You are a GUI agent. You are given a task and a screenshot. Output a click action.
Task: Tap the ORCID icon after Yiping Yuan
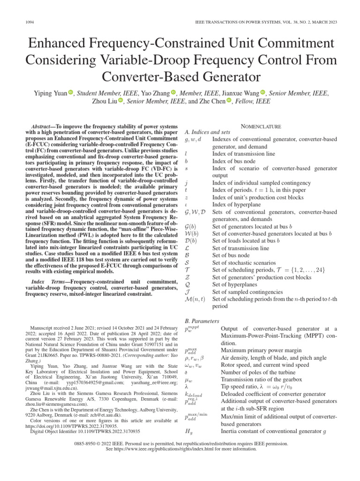click(71, 93)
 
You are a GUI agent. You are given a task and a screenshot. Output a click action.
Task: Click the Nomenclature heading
click(261, 126)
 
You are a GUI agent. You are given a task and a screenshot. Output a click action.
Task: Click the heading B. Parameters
click(202, 321)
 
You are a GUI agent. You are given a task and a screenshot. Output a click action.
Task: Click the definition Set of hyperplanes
click(236, 284)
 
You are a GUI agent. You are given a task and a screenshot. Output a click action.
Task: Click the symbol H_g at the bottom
click(189, 431)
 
